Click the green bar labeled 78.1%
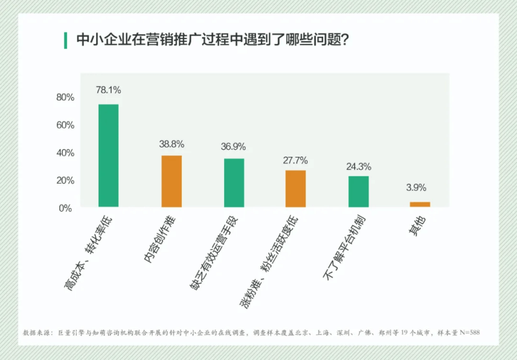click(108, 156)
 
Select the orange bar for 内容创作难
click(172, 181)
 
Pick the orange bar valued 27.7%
click(295, 189)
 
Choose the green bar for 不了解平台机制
click(358, 191)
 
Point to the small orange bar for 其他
click(420, 204)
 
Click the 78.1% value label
click(109, 90)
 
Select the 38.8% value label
click(172, 144)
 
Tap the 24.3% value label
click(358, 166)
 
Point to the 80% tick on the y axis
click(65, 97)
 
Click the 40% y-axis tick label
click(65, 153)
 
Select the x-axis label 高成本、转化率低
click(87, 252)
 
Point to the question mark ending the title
click(343, 40)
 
